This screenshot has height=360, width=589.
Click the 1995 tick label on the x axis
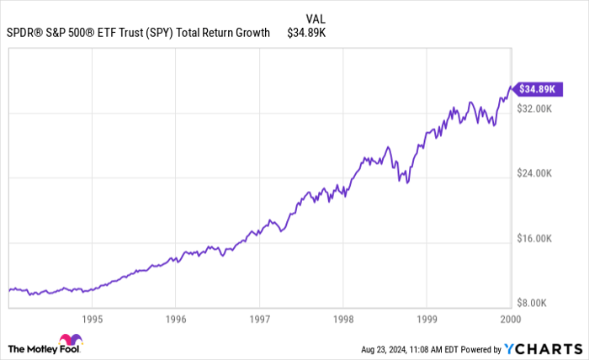pyautogui.click(x=92, y=319)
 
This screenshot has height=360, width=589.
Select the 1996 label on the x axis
pyautogui.click(x=175, y=319)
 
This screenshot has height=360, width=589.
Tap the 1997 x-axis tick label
pyautogui.click(x=259, y=319)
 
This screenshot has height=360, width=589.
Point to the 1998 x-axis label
pyautogui.click(x=342, y=319)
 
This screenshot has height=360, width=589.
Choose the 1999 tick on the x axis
pyautogui.click(x=427, y=319)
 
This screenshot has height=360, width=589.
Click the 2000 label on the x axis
pyautogui.click(x=510, y=319)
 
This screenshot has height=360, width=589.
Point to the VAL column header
pyautogui.click(x=316, y=18)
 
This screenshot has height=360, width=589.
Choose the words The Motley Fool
pyautogui.click(x=40, y=348)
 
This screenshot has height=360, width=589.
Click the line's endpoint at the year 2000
pyautogui.click(x=510, y=87)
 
